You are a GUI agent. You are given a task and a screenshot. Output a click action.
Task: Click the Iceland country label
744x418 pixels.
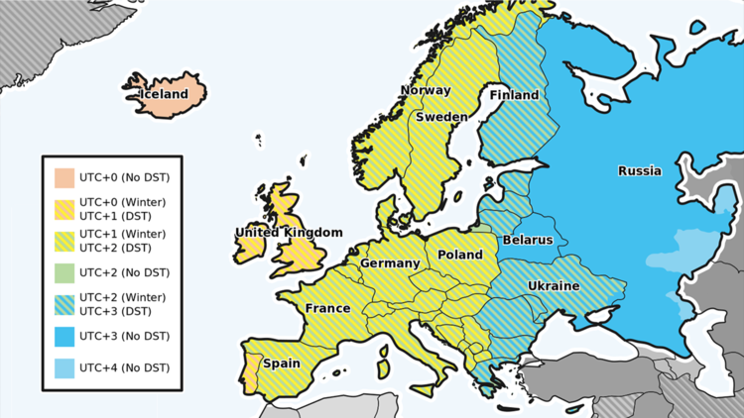(x=163, y=94)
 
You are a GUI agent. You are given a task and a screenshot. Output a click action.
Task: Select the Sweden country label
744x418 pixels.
(x=441, y=116)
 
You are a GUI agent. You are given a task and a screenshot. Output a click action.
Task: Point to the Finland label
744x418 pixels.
(x=514, y=95)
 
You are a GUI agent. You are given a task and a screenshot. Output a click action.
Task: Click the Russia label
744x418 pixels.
(x=639, y=170)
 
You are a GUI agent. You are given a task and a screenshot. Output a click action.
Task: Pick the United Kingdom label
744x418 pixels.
(x=289, y=233)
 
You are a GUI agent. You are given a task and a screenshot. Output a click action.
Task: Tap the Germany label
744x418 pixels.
(x=390, y=263)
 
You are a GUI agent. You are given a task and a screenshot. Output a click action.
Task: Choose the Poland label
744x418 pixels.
(x=460, y=255)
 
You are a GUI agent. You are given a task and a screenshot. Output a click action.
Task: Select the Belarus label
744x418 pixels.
(x=528, y=240)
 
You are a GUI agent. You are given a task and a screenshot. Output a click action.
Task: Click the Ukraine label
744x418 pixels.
(x=553, y=285)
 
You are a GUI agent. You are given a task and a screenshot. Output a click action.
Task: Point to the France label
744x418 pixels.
(x=327, y=308)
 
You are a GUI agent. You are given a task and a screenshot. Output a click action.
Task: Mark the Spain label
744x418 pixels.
(x=282, y=364)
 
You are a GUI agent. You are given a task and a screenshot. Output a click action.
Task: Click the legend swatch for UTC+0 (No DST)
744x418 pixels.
(x=63, y=178)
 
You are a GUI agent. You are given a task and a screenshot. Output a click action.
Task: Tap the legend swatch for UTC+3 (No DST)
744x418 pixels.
(x=63, y=337)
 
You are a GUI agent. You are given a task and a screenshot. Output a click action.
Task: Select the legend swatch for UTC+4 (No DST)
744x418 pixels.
(x=63, y=368)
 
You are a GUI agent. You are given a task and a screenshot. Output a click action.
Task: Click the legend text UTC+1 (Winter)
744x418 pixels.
(x=122, y=234)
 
